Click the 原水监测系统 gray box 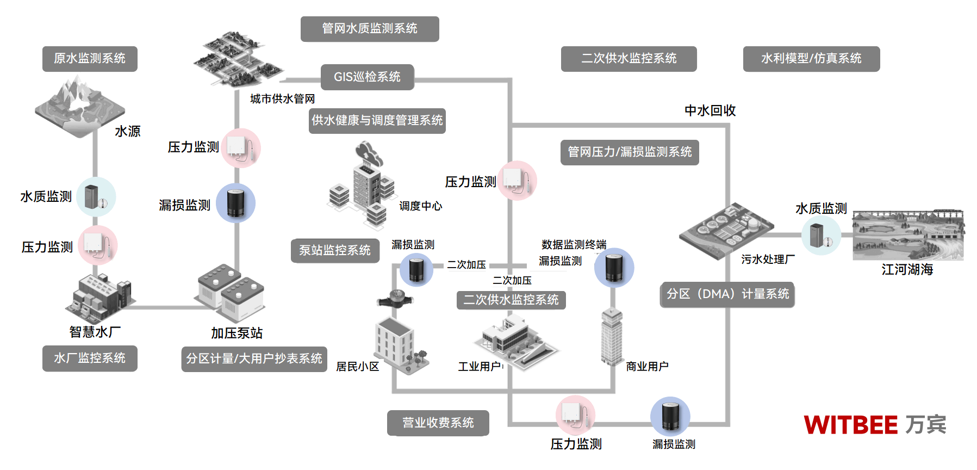(x=90, y=59)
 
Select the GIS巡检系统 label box (x=367, y=77)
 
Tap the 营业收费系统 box (x=438, y=423)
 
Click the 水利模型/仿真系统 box (x=811, y=59)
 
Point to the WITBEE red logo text (x=850, y=425)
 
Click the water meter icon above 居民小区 (x=395, y=298)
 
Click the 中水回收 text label (x=710, y=110)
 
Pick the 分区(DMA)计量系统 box (x=727, y=294)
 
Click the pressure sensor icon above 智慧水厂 (x=98, y=245)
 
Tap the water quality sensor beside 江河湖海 (x=820, y=235)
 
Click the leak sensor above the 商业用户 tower (x=614, y=268)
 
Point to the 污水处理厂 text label (x=768, y=259)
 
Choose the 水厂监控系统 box (x=90, y=358)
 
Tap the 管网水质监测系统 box (x=370, y=29)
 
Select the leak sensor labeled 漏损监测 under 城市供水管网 (x=235, y=203)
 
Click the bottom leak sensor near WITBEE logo (x=670, y=416)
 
